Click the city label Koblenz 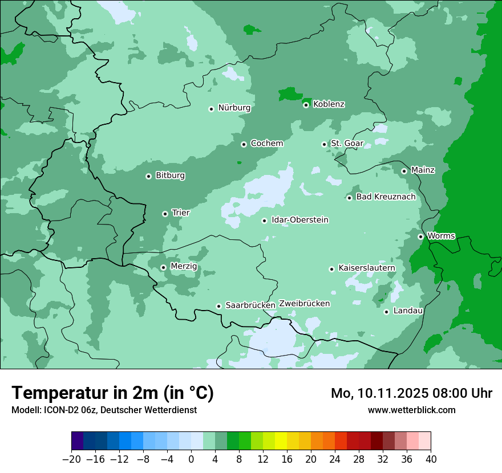(329, 104)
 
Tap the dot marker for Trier (165, 214)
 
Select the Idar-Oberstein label (300, 220)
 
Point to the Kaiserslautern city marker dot (331, 269)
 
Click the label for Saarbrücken (250, 305)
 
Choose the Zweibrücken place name (304, 304)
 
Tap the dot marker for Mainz (404, 171)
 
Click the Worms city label (442, 236)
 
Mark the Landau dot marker (386, 312)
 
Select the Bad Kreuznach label (386, 197)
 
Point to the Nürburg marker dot (211, 109)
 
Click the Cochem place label (267, 144)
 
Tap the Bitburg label (170, 176)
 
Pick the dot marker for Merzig (163, 267)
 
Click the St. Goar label (347, 144)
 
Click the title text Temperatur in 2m (112, 393)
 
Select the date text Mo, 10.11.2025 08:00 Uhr (411, 393)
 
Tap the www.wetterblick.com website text (411, 410)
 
